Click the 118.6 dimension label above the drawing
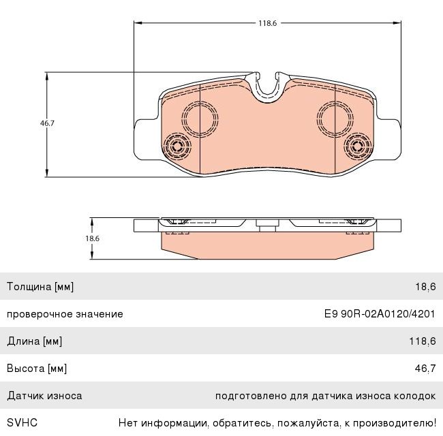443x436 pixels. click(267, 23)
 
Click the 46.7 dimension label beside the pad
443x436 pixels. click(47, 123)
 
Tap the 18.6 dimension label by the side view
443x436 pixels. click(93, 238)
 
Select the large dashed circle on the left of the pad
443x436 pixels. click(200, 119)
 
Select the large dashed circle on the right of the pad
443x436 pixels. click(335, 119)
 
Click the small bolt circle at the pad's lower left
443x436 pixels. click(177, 146)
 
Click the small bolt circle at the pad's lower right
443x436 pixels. click(357, 146)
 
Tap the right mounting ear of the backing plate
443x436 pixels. click(388, 140)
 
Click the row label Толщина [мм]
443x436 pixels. click(40, 287)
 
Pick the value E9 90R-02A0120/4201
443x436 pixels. click(380, 314)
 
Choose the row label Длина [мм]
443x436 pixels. click(35, 341)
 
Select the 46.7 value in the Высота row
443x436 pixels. click(425, 369)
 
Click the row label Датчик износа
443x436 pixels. click(44, 396)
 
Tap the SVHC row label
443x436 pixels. click(22, 423)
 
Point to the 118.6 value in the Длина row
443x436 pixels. click(423, 341)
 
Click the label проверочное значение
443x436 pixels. click(65, 314)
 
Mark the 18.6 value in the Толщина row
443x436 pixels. click(425, 287)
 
